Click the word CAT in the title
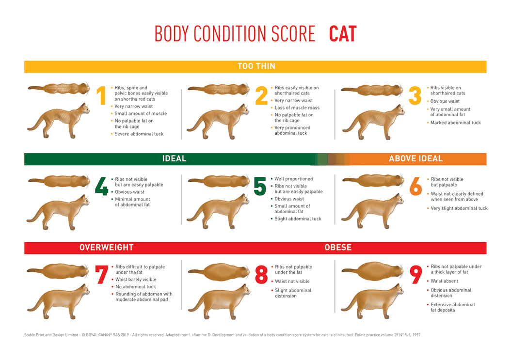pos(342,34)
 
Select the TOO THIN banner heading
pos(256,66)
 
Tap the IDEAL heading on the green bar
pos(174,158)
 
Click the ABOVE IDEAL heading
pos(415,158)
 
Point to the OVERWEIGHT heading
pos(106,248)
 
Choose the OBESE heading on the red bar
pos(338,248)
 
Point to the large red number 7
pos(101,275)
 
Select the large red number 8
pos(261,275)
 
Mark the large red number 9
pos(416,275)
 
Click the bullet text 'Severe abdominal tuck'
pos(139,134)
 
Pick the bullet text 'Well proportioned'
pos(293,179)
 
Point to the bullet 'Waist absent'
pos(444,281)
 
